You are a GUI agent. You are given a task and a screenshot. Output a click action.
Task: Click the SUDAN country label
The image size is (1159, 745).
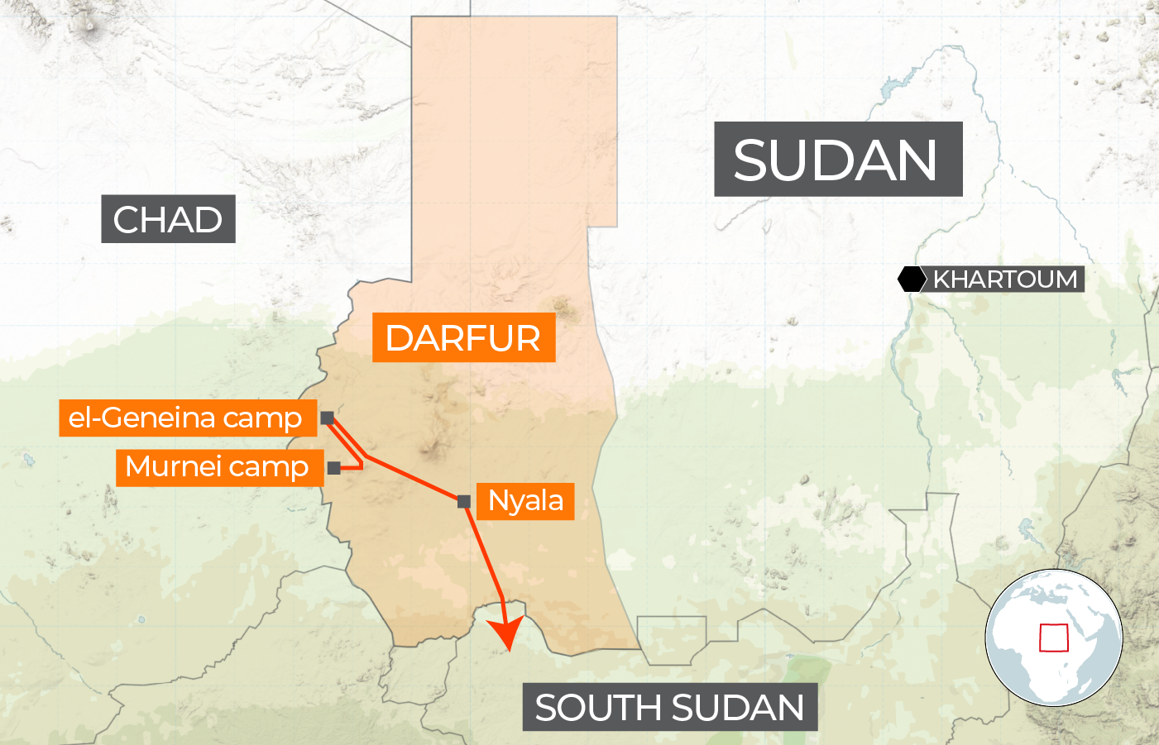[837, 160]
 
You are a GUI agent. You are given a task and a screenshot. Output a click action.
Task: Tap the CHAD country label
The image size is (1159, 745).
[168, 219]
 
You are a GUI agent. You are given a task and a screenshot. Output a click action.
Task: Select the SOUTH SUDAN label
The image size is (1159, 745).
[669, 708]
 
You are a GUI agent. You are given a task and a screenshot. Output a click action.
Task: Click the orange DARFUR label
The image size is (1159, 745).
[463, 337]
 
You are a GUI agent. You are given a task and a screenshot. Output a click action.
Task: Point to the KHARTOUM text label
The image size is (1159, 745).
[1005, 279]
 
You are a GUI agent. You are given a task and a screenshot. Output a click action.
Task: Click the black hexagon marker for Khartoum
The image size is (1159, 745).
[912, 279]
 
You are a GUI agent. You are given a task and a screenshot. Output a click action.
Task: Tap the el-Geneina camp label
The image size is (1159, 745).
[187, 418]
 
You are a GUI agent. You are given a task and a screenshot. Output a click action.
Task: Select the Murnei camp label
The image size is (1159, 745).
[218, 467]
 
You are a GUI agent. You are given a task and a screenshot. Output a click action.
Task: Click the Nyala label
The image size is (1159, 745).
[525, 500]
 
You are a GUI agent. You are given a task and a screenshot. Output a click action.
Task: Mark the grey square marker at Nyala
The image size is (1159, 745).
[464, 501]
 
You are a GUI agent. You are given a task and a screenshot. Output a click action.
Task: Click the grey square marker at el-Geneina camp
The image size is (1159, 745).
[328, 418]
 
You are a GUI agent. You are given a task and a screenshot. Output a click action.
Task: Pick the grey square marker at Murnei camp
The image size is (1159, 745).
[333, 468]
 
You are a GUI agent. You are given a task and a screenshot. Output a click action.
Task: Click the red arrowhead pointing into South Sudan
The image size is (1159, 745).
[506, 635]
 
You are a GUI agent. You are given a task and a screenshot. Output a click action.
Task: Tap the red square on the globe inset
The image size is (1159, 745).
[1054, 638]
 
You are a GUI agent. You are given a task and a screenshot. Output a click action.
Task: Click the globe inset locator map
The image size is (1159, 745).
[1053, 637]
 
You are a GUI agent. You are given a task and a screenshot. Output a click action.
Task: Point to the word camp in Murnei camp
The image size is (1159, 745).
[271, 468]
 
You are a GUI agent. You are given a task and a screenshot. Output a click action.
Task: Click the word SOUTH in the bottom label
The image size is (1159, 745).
[597, 708]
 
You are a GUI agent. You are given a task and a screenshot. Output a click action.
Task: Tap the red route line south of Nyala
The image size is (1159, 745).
[486, 554]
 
